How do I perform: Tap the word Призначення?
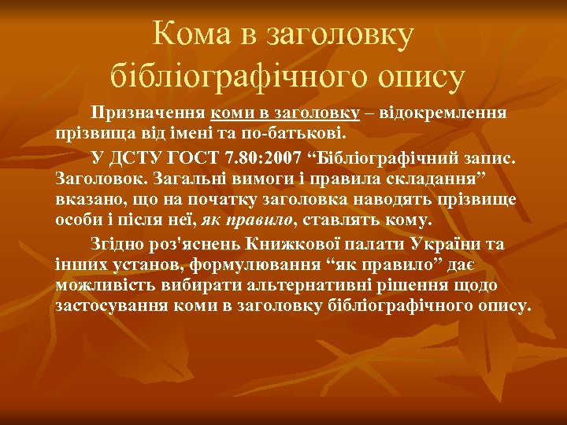(148, 113)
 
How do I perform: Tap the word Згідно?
(119, 245)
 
